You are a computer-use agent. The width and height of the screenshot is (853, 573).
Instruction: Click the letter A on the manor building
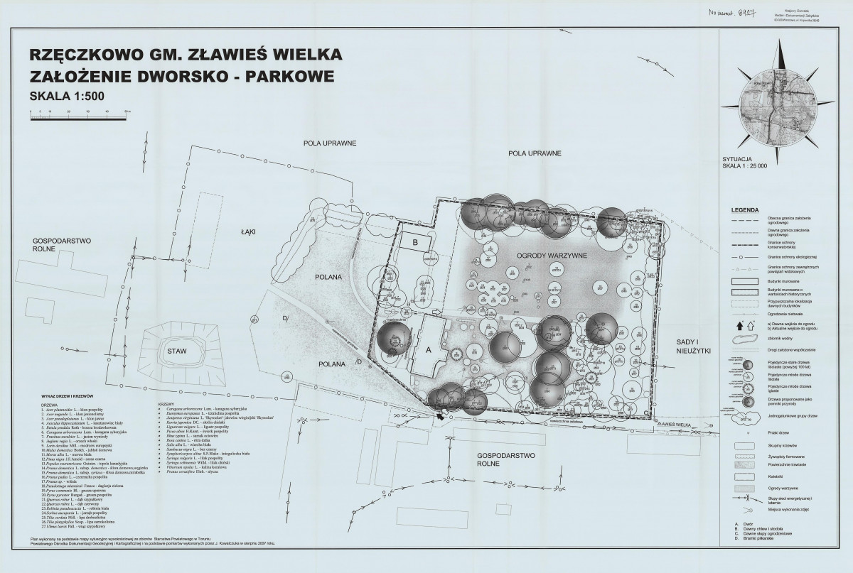[428, 349]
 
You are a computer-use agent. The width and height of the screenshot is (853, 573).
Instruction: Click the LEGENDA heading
[743, 211]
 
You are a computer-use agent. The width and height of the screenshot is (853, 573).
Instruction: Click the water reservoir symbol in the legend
[744, 339]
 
